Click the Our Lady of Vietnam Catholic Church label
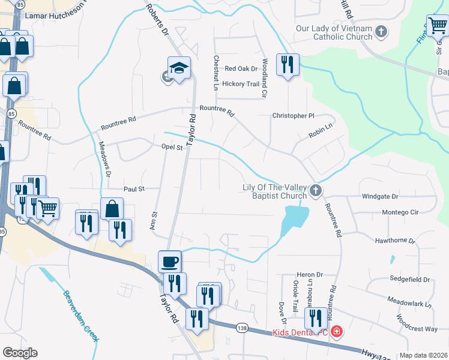[x=334, y=33]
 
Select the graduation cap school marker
[x=179, y=69]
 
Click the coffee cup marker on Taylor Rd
[x=170, y=262]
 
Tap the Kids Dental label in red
[x=300, y=332]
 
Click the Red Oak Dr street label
[x=241, y=69]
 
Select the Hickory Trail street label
[x=241, y=84]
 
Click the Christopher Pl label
[x=293, y=115]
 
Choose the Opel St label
[x=172, y=147]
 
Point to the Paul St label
[x=134, y=189]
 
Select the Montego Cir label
[x=399, y=212]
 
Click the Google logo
[x=20, y=353]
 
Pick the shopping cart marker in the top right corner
[x=438, y=26]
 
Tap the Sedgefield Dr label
[x=409, y=280]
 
